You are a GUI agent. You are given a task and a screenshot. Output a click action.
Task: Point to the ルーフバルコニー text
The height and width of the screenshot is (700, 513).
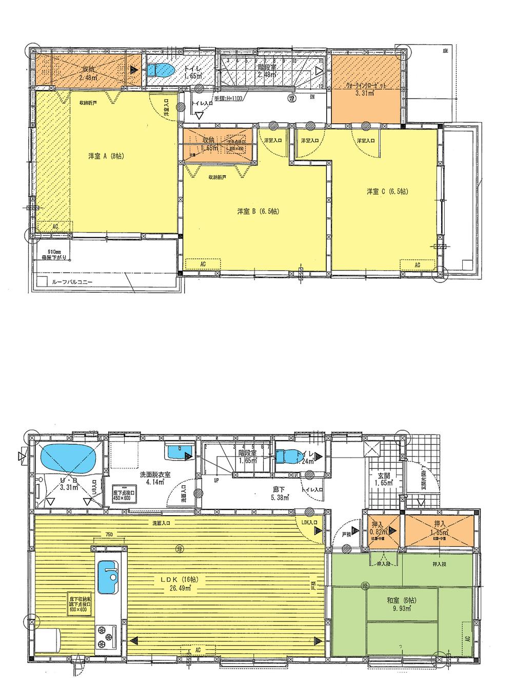pos(72,282)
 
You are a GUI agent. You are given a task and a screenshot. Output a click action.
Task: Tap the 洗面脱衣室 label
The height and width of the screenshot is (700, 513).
pos(155,476)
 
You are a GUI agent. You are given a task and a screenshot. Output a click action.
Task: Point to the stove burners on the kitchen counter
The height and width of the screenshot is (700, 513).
pos(107,633)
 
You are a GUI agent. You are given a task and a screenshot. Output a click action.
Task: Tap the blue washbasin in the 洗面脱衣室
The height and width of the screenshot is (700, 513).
pos(179,452)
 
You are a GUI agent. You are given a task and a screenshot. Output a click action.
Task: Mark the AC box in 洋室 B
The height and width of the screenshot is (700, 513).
pos(203,263)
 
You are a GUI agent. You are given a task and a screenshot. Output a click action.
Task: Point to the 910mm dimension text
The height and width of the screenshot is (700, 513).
pos(56,252)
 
